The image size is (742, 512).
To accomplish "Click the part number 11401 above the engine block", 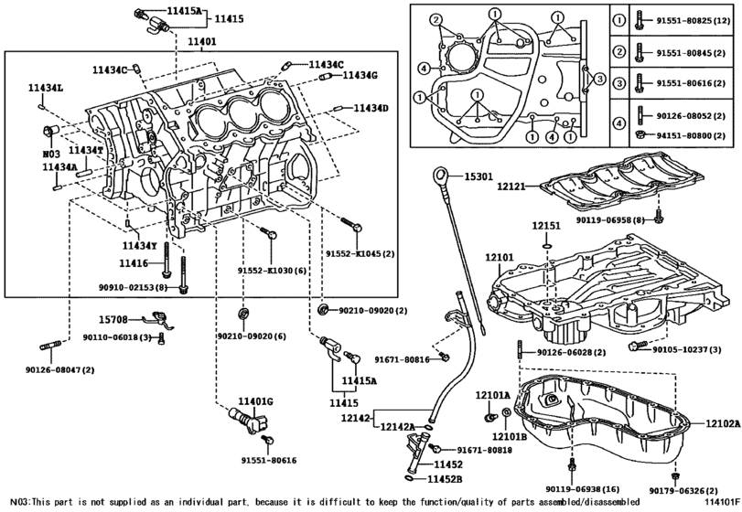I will [202, 42].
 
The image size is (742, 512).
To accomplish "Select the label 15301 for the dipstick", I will [479, 176].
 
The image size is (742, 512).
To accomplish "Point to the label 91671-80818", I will [479, 450].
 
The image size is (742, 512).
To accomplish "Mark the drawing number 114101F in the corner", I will [722, 504].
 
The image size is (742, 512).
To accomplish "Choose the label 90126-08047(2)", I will [40, 369].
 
